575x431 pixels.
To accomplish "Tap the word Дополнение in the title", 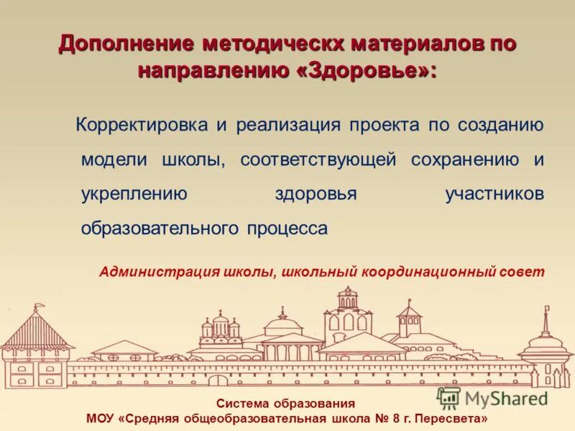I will (x=126, y=44).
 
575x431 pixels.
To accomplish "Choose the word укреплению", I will (x=134, y=194).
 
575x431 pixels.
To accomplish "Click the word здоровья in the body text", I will (x=316, y=194).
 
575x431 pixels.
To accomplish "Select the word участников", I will (x=494, y=194).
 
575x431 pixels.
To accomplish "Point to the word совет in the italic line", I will (x=523, y=272).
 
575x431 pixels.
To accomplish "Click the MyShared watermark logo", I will (x=492, y=397).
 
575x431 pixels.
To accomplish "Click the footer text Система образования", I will (x=285, y=404).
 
